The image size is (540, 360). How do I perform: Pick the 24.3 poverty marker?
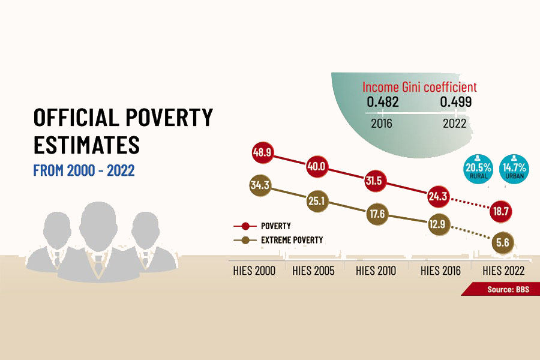point(437,196)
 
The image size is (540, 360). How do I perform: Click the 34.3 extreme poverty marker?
point(259,186)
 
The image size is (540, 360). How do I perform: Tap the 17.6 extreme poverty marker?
point(377,214)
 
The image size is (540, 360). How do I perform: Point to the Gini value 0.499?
point(456,102)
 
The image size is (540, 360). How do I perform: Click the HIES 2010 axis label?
point(376,271)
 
